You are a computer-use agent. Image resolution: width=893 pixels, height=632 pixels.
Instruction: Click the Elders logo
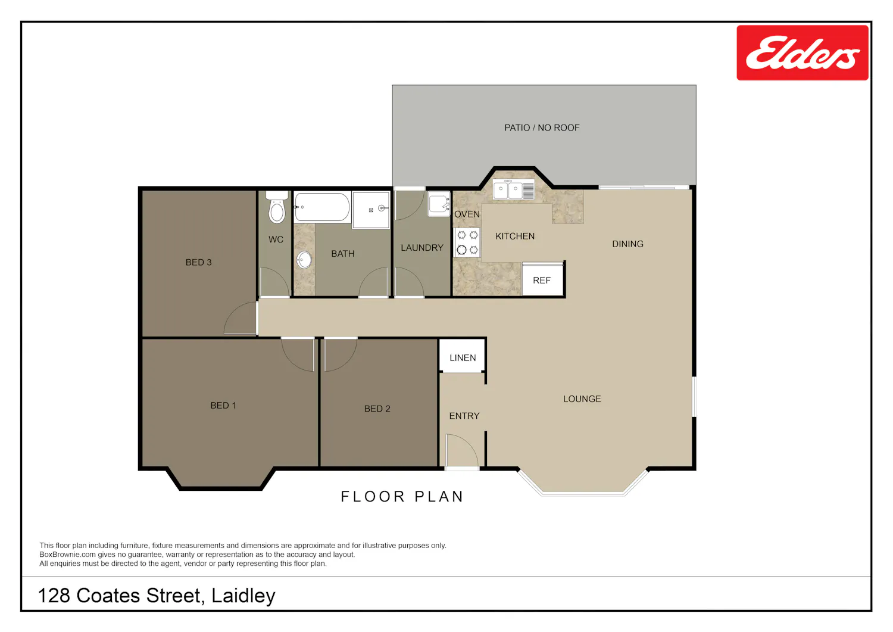tap(802, 52)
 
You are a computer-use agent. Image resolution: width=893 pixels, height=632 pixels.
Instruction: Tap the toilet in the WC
tap(277, 207)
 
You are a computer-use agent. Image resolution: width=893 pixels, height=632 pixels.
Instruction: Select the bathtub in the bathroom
tap(322, 207)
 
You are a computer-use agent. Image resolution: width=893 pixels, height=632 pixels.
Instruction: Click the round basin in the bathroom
tap(304, 260)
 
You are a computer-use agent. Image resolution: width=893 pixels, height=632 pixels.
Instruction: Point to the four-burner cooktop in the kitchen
tap(467, 242)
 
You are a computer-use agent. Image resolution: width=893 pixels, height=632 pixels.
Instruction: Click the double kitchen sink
tap(513, 189)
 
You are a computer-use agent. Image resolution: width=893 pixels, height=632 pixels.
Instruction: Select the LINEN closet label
tap(463, 358)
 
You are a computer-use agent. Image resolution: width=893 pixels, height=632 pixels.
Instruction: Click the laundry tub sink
tap(439, 204)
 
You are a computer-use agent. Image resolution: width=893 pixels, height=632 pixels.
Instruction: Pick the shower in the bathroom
tap(371, 210)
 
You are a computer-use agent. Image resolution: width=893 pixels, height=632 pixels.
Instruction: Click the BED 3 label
tap(198, 262)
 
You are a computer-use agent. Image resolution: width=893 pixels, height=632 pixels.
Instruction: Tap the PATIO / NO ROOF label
tap(542, 127)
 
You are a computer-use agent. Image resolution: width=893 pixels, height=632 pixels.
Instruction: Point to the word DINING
tap(627, 244)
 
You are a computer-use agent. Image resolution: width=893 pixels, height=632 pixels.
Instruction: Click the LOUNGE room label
tap(582, 398)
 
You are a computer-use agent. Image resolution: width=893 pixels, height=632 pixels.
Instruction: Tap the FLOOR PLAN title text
tap(402, 497)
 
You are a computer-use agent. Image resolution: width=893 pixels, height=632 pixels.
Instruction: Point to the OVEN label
tap(467, 214)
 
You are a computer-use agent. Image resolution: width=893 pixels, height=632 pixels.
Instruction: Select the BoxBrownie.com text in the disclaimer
tap(67, 555)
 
